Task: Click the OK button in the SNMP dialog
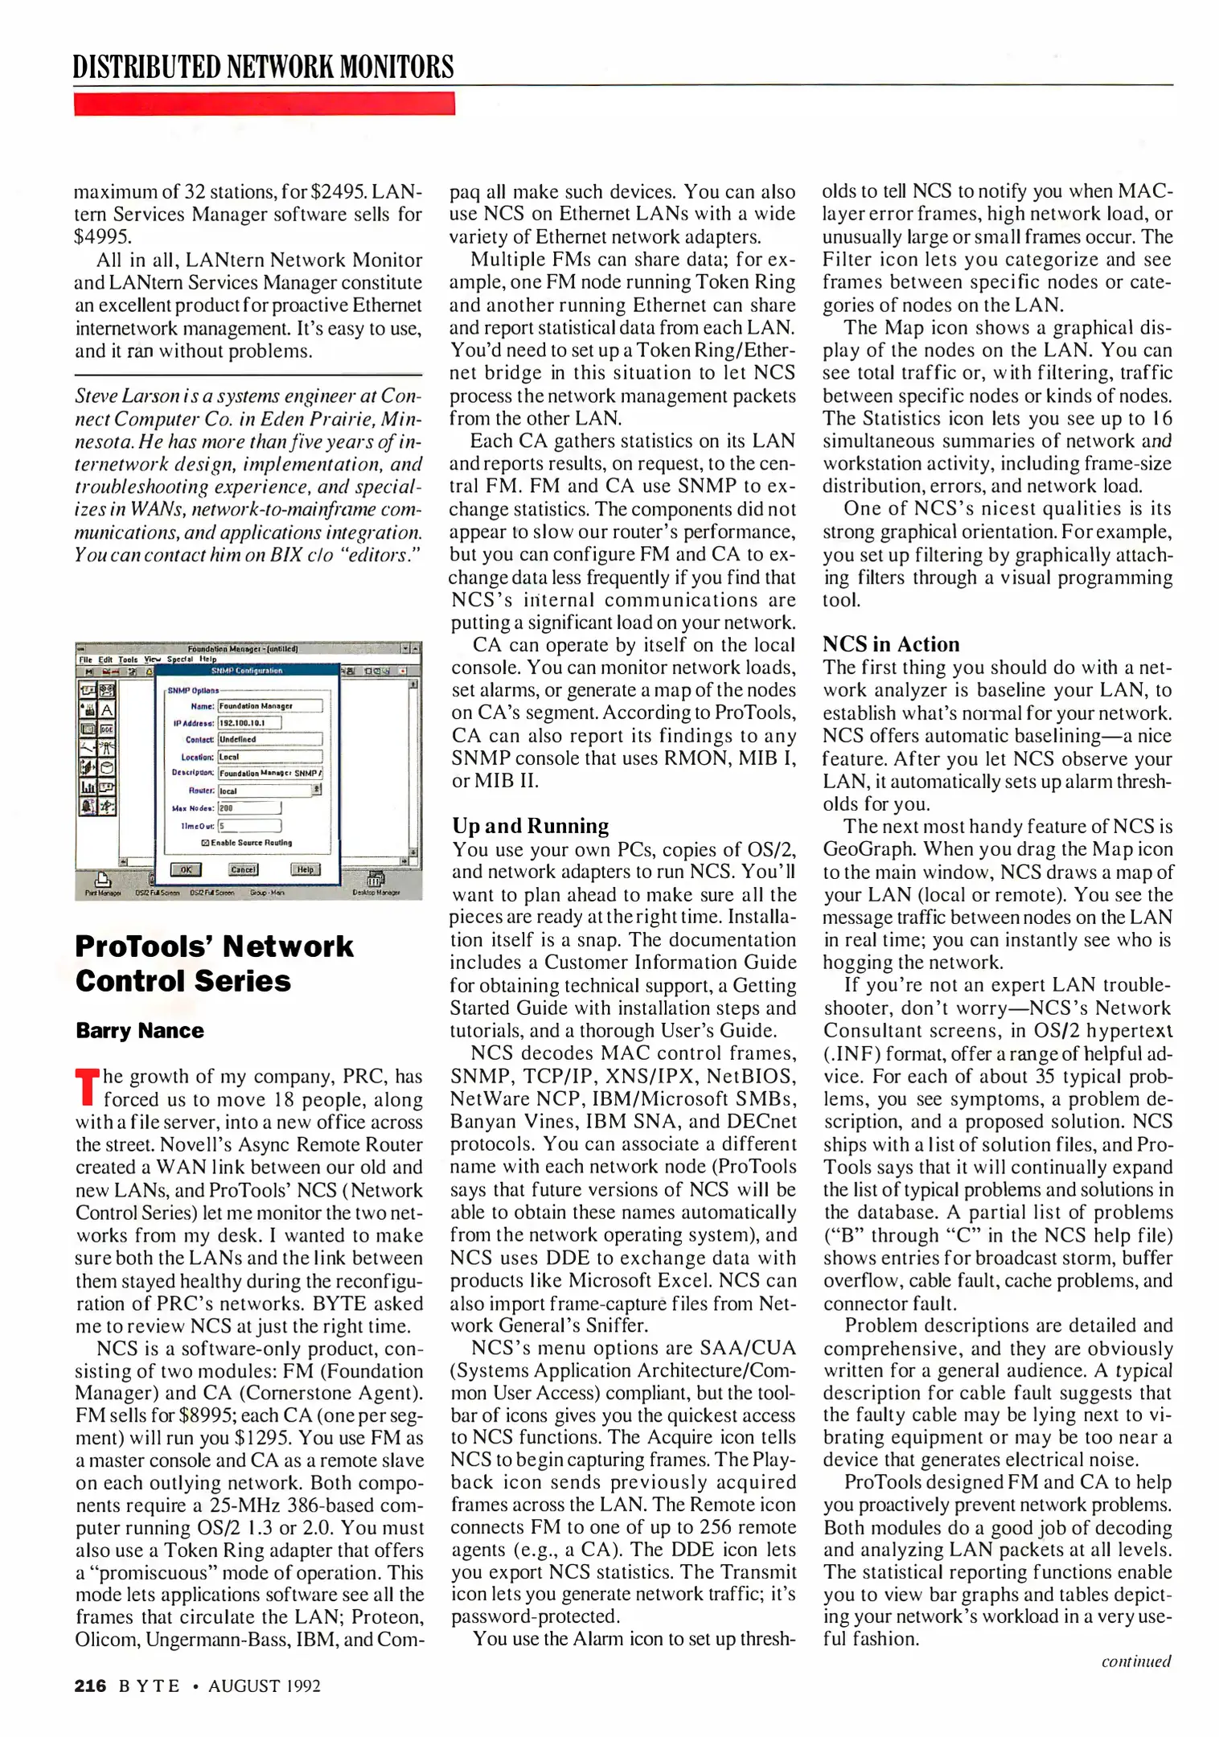point(186,869)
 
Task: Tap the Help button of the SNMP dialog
point(305,869)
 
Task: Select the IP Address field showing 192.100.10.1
point(249,722)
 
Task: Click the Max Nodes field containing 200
point(248,807)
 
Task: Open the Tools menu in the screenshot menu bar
point(128,659)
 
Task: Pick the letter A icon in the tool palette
point(107,709)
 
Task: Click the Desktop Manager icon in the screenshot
point(376,881)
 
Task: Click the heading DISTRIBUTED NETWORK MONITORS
point(263,67)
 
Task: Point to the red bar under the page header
point(264,104)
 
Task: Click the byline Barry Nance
point(140,1031)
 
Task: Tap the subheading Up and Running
point(530,826)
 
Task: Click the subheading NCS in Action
point(890,644)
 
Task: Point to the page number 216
point(90,1686)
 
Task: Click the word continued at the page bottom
point(1135,1661)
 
